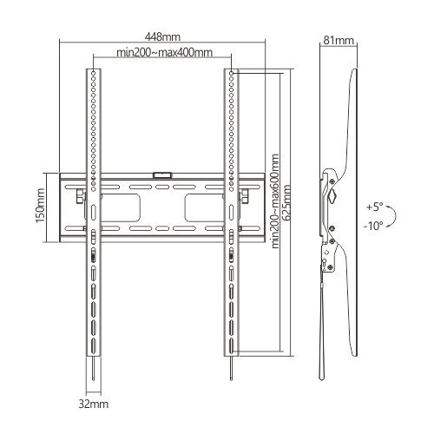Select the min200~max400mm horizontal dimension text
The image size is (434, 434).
tap(163, 54)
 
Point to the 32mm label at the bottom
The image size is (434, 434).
tap(93, 404)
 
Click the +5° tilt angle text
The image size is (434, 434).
tap(374, 207)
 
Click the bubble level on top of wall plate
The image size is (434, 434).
tap(162, 175)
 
